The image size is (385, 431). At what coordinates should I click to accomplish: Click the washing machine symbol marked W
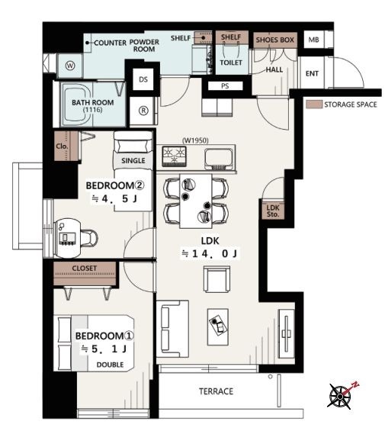70,66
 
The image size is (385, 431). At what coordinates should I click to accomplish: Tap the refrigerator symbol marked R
143,111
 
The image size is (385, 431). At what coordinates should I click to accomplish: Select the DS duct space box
143,79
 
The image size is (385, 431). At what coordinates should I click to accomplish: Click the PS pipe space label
225,86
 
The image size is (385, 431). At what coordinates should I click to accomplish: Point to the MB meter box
314,40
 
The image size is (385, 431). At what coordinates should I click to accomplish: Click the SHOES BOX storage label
275,40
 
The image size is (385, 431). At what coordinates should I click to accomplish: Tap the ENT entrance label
312,74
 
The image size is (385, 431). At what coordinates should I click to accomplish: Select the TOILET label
231,63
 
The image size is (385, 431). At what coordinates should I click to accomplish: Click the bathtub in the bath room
77,104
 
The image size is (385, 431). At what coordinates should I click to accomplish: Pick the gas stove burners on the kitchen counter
175,156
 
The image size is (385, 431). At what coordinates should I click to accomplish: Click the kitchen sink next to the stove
219,159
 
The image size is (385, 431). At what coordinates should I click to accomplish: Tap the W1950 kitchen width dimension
195,140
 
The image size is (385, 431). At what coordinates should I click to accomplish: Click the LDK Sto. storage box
273,211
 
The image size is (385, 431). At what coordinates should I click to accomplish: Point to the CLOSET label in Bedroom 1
85,268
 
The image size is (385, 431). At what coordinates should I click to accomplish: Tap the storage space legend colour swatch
314,105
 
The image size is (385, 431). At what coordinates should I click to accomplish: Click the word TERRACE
217,391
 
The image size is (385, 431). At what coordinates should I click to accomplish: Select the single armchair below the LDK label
217,279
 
